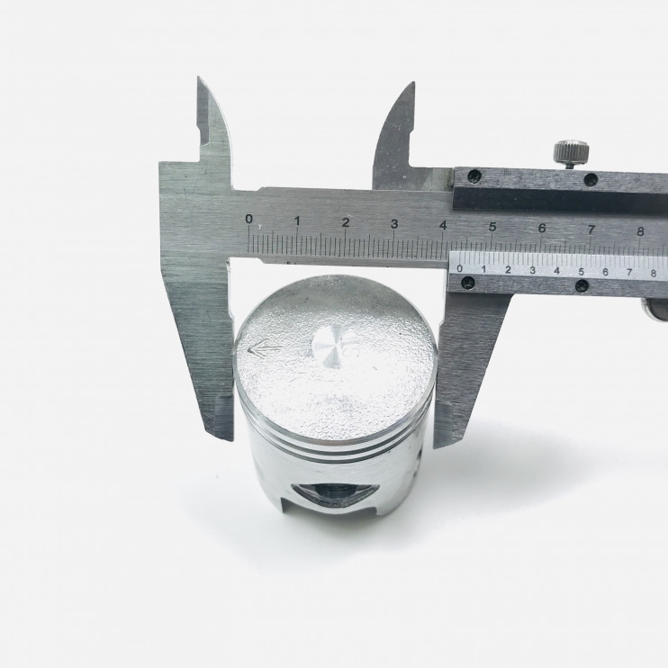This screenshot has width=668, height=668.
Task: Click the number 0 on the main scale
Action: [248, 219]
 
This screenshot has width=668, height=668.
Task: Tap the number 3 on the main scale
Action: [394, 223]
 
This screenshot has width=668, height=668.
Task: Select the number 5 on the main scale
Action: [492, 227]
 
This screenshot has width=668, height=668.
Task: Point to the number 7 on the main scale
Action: [591, 230]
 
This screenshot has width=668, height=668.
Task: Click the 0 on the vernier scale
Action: [459, 268]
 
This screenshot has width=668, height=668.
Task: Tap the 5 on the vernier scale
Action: [581, 271]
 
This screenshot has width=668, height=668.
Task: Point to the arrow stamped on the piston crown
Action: [263, 348]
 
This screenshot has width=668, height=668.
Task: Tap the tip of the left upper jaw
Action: [199, 77]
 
